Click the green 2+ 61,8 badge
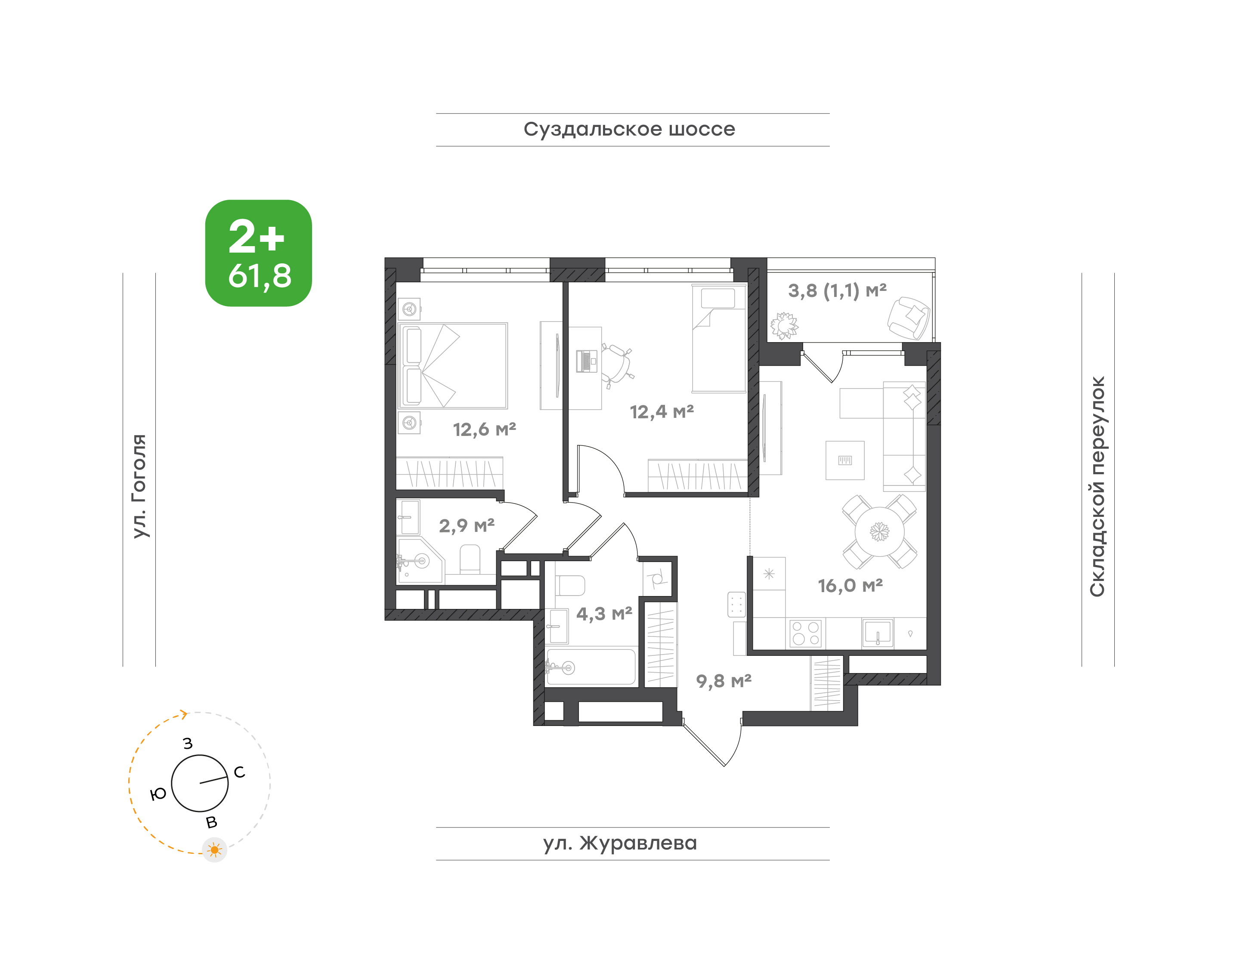click(x=258, y=253)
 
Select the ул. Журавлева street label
click(x=620, y=843)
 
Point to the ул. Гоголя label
click(x=139, y=486)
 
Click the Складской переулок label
click(x=1097, y=486)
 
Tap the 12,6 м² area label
click(x=484, y=429)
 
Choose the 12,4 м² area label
click(x=662, y=412)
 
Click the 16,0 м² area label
click(x=850, y=586)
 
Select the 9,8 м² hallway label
click(x=724, y=681)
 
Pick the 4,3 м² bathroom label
click(x=604, y=614)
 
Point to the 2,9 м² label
click(x=467, y=525)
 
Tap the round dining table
click(x=879, y=531)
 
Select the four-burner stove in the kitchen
click(x=806, y=633)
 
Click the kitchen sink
click(x=877, y=632)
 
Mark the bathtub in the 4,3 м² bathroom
click(x=591, y=667)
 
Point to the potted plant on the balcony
click(x=784, y=326)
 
